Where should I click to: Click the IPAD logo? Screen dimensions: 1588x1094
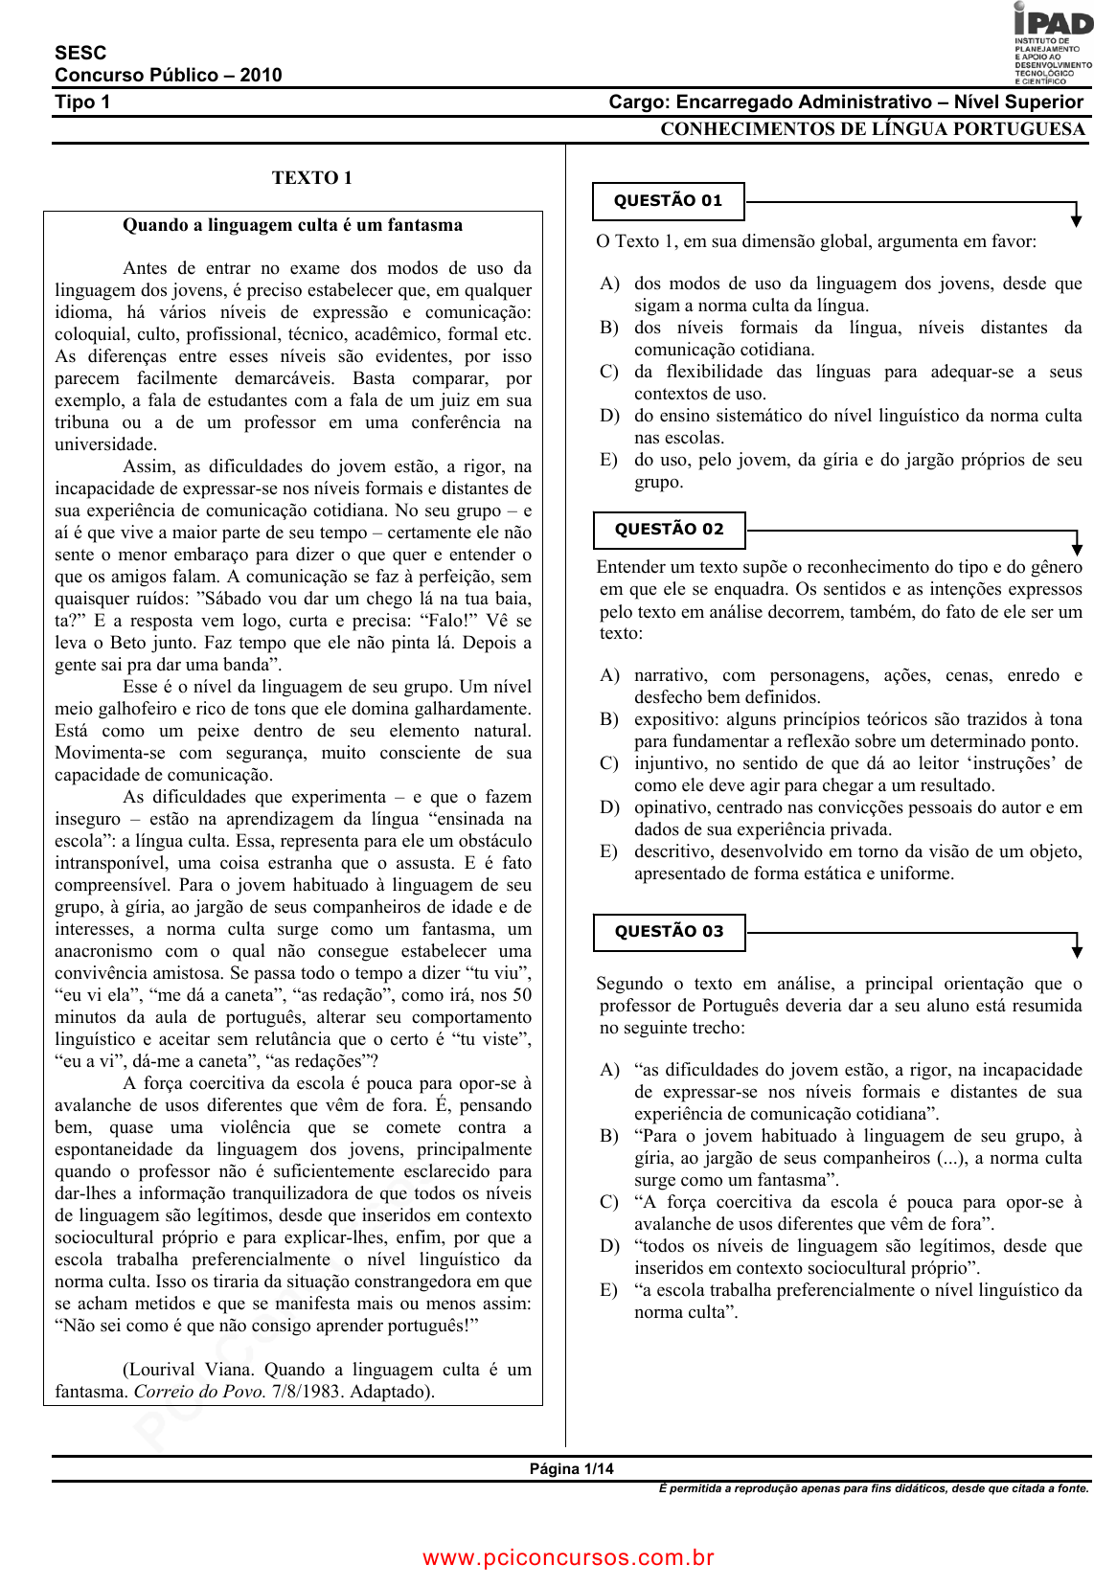1052,42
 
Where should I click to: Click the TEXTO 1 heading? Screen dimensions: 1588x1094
311,177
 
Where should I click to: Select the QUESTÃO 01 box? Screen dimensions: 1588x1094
668,201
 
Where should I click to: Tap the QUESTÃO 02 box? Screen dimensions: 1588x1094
669,530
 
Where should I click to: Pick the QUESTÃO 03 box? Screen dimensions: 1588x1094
669,932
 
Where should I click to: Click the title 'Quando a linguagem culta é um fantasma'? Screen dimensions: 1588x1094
292,225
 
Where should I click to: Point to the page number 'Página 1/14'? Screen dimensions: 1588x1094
572,1469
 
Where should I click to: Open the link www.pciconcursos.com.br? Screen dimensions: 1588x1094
568,1557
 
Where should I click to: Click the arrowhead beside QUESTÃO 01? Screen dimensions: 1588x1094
1077,219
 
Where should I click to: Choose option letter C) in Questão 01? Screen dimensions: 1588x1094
609,372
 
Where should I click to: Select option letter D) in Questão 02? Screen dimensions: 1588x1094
609,807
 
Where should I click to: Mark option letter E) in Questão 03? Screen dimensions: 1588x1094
609,1290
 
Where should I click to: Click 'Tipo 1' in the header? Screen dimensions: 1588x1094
82,102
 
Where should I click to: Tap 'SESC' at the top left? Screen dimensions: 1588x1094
80,53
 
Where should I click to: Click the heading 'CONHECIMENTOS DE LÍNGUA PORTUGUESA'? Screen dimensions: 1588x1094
872,129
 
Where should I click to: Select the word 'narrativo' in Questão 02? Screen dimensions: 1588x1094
671,675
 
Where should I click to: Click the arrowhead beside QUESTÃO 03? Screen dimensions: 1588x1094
1077,950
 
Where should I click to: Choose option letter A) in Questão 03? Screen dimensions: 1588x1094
609,1070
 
